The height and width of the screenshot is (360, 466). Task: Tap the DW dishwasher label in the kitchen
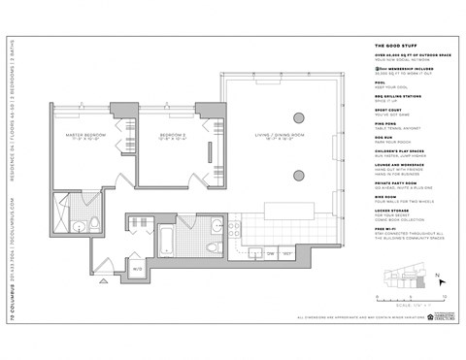(272, 252)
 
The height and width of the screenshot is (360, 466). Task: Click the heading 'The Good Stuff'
(392, 46)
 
